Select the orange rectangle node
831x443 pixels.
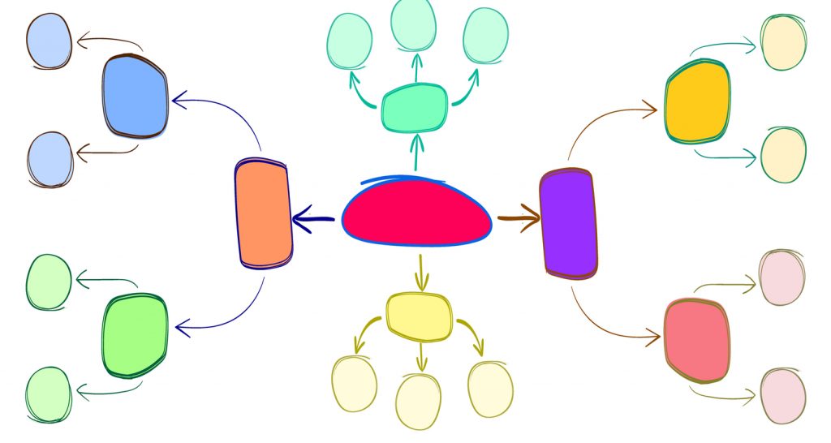pos(263,214)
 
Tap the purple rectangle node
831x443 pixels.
pos(568,222)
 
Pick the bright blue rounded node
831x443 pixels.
pos(136,95)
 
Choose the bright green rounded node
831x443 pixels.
pos(135,334)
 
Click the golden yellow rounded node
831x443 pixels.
pos(696,102)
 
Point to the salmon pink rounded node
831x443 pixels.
pos(695,340)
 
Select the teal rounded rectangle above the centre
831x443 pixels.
pos(415,107)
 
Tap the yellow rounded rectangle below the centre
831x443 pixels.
pos(419,316)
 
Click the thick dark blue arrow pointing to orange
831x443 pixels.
pos(313,217)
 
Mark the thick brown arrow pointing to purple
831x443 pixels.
pos(519,217)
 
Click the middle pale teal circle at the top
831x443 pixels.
pos(414,24)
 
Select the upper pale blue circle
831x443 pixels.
pos(49,41)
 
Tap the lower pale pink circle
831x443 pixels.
pos(783,395)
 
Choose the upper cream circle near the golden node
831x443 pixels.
pos(784,42)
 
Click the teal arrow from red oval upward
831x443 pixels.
pos(417,152)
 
